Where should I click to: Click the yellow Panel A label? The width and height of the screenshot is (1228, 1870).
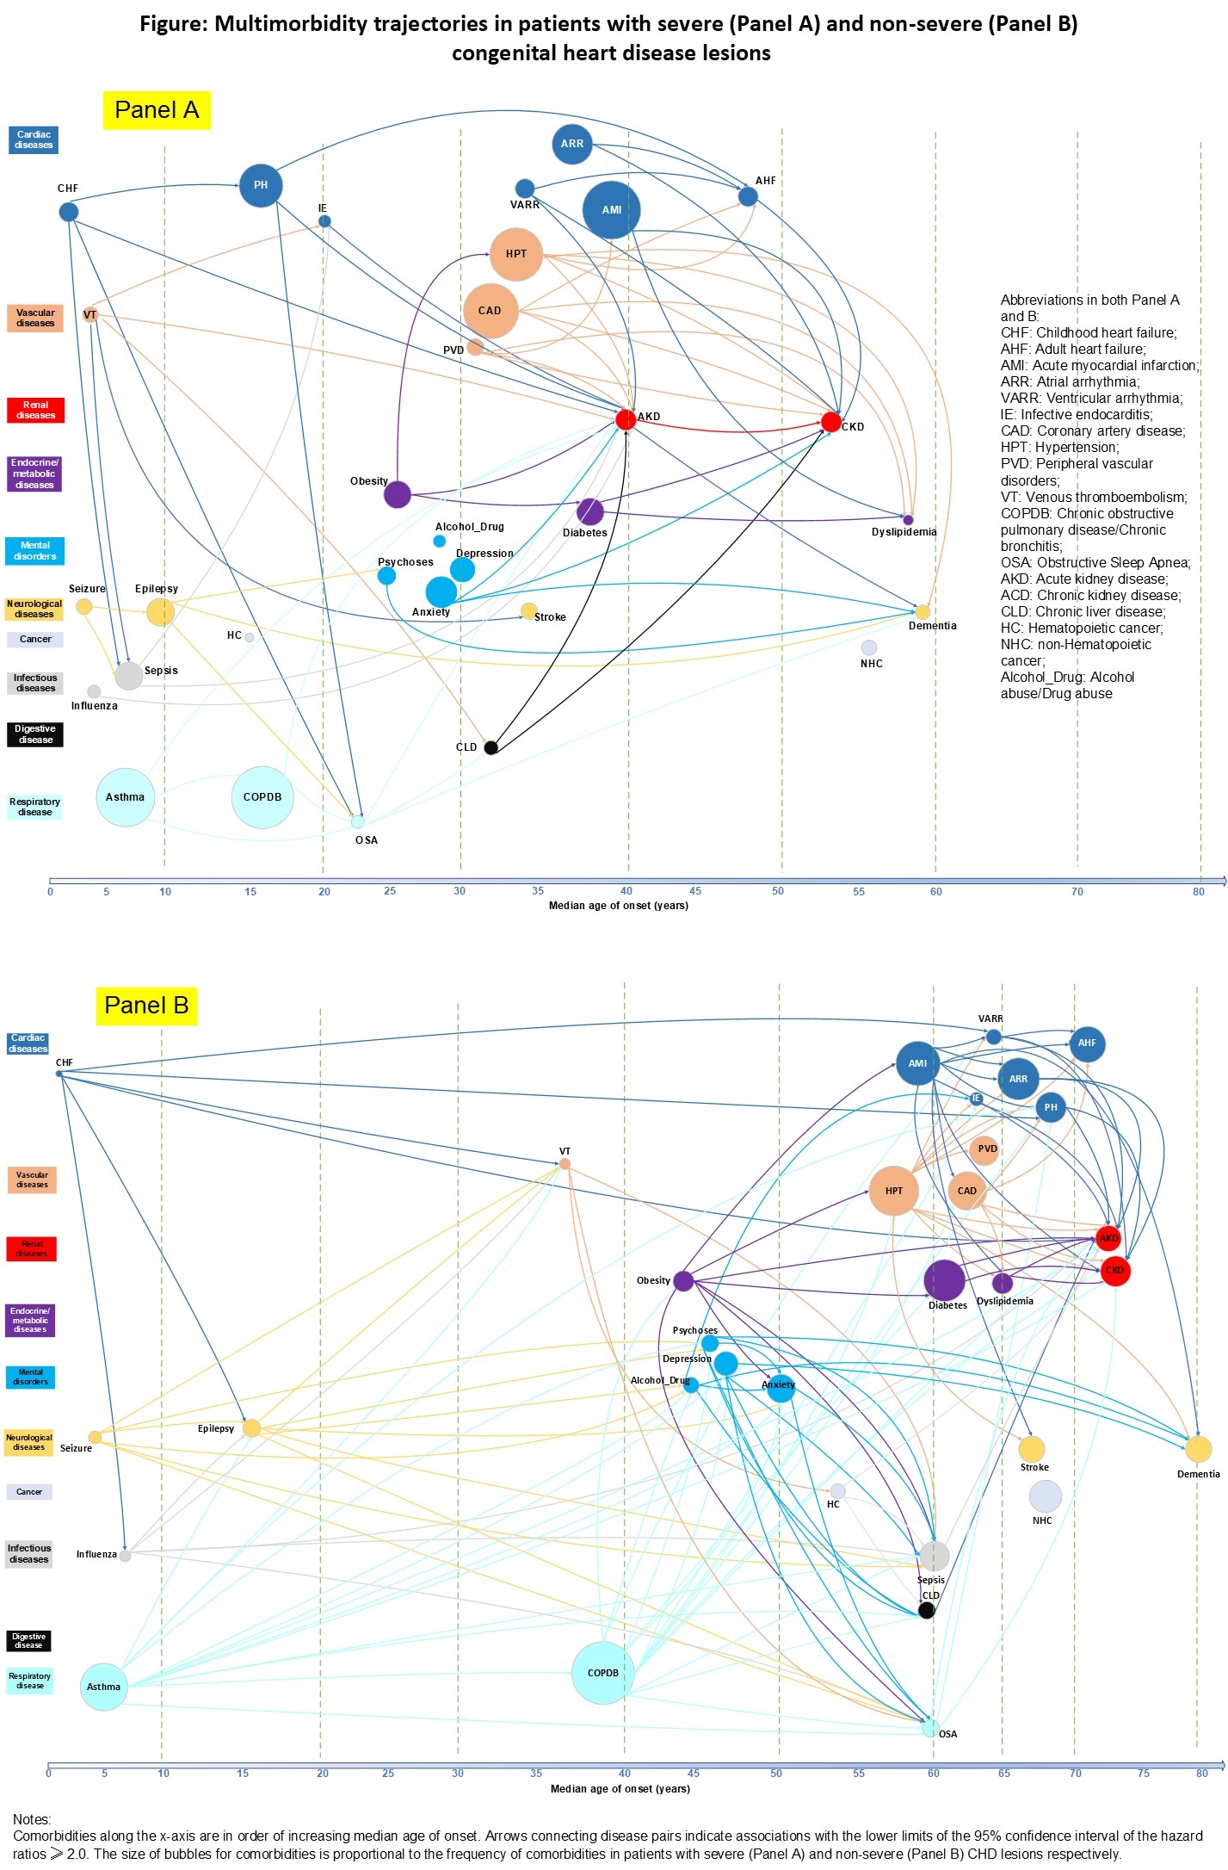click(157, 110)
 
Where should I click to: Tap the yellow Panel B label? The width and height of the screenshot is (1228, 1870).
click(146, 1006)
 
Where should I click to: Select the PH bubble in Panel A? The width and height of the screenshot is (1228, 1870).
click(261, 185)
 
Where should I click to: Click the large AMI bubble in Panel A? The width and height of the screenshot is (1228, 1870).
click(611, 210)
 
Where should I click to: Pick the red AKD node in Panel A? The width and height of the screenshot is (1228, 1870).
click(626, 419)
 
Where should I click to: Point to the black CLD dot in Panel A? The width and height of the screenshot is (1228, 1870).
click(491, 747)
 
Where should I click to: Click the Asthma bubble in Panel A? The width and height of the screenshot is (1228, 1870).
click(126, 797)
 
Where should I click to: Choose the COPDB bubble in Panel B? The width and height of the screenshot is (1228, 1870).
click(602, 1673)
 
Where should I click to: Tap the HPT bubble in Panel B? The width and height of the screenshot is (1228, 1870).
click(894, 1191)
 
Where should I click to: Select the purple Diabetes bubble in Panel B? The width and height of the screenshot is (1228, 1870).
click(944, 1280)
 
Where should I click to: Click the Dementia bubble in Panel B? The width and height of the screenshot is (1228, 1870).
click(1198, 1449)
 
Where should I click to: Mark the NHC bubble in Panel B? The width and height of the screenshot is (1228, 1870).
click(1045, 1496)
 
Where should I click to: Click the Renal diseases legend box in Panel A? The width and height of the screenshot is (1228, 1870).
click(35, 410)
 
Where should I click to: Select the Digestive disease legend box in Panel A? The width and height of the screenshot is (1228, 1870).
click(35, 734)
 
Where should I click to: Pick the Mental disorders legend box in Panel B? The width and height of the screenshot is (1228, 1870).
click(30, 1377)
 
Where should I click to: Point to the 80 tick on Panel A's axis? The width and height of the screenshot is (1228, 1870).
click(1199, 892)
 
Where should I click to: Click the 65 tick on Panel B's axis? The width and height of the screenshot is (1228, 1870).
click(1003, 1774)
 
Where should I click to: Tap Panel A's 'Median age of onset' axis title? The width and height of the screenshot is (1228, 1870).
click(618, 906)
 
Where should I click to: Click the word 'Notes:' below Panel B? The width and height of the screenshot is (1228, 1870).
click(32, 1819)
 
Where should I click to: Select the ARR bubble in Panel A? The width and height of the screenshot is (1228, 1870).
click(572, 144)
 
